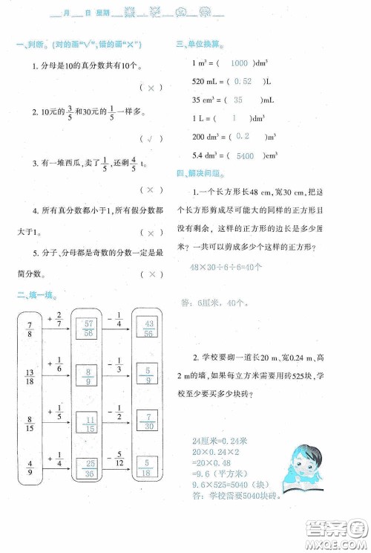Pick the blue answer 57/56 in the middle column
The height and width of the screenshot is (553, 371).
pos(88,329)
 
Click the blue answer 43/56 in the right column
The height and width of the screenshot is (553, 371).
pos(150,329)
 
